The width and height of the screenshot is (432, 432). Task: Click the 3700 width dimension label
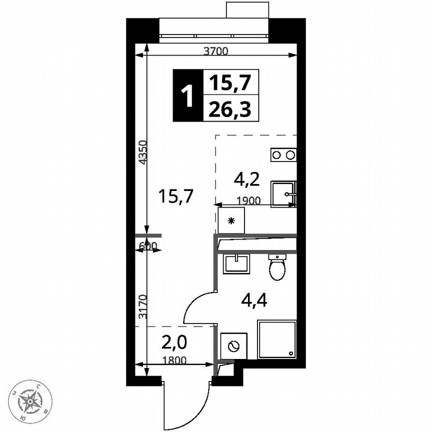tap(216, 50)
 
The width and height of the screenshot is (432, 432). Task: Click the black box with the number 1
tap(188, 95)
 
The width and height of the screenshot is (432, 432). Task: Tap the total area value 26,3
tap(230, 108)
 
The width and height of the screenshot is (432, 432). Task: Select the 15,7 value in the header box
tap(230, 82)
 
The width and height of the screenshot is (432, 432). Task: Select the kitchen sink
tap(283, 193)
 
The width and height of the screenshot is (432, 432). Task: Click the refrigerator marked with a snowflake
tap(231, 220)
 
